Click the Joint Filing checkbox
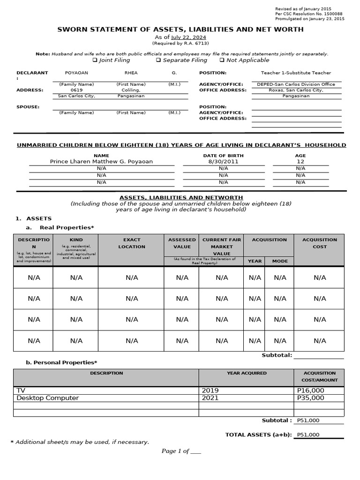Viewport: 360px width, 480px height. [95, 60]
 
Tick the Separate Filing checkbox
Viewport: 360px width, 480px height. [158, 60]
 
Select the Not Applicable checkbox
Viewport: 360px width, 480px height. [222, 60]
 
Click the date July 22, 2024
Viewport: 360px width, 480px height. [188, 37]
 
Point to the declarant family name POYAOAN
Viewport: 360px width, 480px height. [76, 73]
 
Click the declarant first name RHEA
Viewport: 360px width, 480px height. [131, 73]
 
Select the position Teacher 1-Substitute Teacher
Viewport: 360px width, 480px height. [296, 73]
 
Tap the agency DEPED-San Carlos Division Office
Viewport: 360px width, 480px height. [296, 84]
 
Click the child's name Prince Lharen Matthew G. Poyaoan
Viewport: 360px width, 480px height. [101, 161]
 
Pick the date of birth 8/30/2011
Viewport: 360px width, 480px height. [223, 161]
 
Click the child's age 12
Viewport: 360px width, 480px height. [300, 161]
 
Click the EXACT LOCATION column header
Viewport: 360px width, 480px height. [131, 243]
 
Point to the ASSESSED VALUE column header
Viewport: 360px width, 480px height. [182, 243]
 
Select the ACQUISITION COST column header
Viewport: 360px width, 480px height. [320, 243]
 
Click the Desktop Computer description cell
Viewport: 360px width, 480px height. [48, 398]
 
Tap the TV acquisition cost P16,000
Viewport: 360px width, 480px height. [310, 390]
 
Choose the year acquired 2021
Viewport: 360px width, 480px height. [210, 398]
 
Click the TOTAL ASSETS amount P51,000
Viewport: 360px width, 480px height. [308, 435]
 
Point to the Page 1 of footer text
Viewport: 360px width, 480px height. [181, 451]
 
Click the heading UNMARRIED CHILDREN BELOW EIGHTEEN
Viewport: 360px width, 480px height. [181, 145]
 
